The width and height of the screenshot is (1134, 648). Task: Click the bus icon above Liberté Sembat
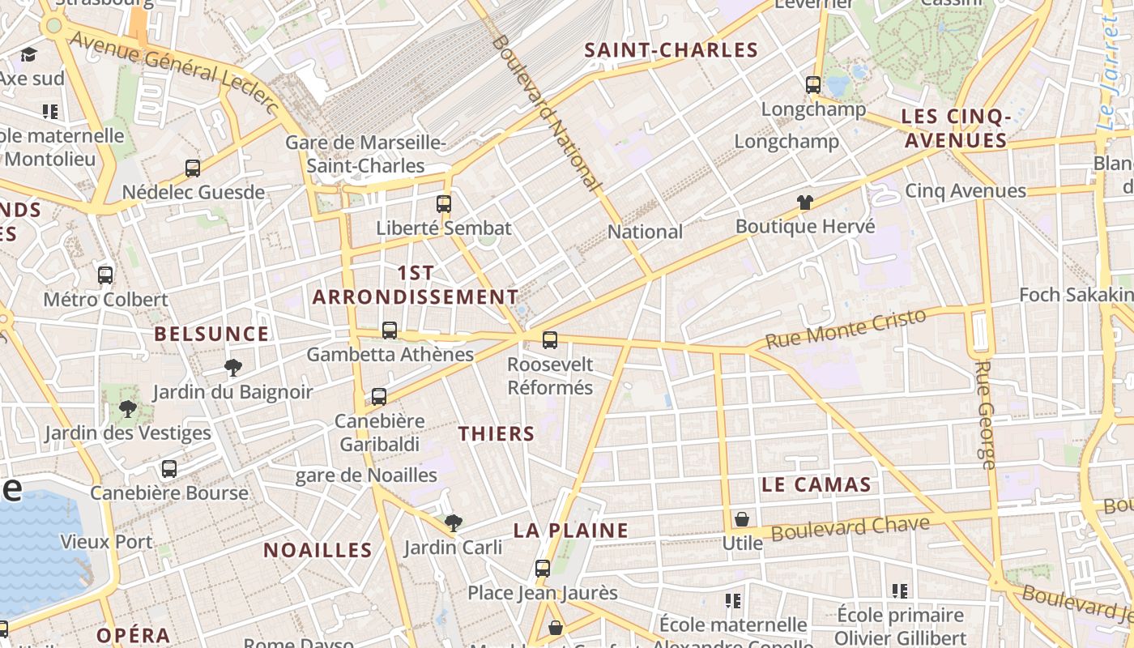tap(443, 203)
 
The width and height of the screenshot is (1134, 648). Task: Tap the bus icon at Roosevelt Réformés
tap(550, 339)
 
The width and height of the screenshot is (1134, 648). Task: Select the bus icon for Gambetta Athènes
tap(390, 330)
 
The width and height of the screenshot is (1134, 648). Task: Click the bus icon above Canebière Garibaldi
tap(378, 397)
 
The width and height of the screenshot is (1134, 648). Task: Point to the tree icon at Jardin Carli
tap(454, 523)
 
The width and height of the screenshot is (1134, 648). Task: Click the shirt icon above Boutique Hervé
tap(804, 202)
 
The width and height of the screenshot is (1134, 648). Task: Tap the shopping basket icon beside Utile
tap(742, 519)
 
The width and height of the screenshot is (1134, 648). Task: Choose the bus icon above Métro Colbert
tap(105, 275)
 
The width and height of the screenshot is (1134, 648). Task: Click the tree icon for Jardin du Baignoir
tap(233, 368)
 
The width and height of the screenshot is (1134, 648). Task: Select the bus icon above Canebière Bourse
tap(168, 468)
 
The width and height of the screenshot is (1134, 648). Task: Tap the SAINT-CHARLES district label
tap(671, 50)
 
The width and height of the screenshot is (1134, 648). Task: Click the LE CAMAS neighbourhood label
tap(816, 484)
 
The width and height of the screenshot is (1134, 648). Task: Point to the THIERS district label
tap(497, 433)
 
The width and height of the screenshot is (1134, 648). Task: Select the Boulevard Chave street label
tap(850, 528)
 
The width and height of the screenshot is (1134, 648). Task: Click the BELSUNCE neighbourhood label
tap(211, 334)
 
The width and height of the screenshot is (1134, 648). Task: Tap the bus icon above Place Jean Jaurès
tap(543, 569)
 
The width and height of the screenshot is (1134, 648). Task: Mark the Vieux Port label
tap(106, 541)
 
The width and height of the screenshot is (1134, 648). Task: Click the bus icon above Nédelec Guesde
tap(193, 168)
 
